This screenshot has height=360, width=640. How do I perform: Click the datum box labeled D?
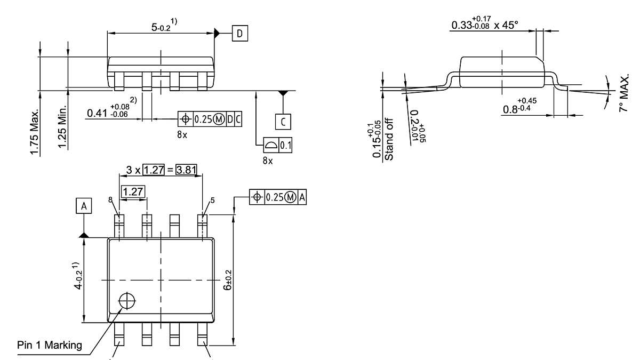(239, 34)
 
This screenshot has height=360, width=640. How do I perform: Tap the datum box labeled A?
(83, 206)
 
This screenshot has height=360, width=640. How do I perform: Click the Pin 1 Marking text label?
(50, 345)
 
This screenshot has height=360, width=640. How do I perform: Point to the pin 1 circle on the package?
(127, 301)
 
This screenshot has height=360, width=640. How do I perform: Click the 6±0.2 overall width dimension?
(228, 279)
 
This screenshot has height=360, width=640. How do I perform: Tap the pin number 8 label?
(110, 200)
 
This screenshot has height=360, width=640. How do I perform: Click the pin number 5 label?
(212, 201)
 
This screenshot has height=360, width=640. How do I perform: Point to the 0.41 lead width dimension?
(113, 113)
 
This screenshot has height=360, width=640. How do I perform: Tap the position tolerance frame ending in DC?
(210, 119)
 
